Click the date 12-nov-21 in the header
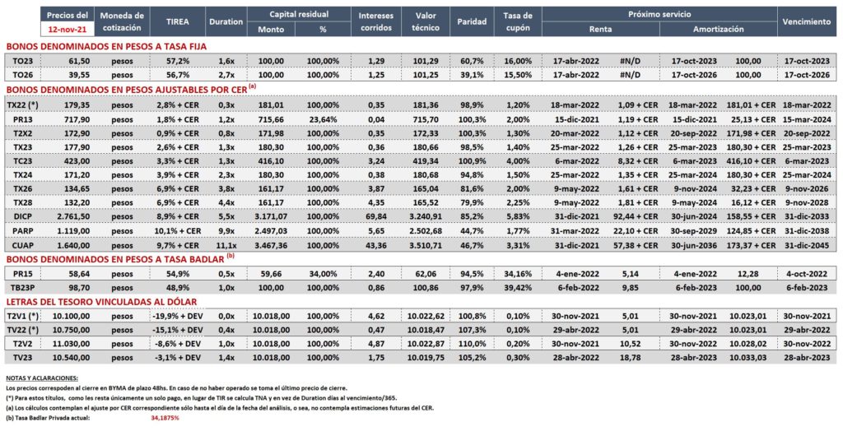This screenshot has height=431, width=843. (x=68, y=29)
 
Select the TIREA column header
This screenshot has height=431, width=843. (x=177, y=22)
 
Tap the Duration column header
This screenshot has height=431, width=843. (x=226, y=22)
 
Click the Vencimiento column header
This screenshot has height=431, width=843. (x=807, y=22)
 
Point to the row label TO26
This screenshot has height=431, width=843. (x=20, y=75)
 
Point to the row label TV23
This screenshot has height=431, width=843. (x=19, y=358)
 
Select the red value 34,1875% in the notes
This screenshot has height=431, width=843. (x=165, y=418)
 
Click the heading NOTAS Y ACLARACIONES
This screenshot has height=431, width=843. (x=41, y=378)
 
